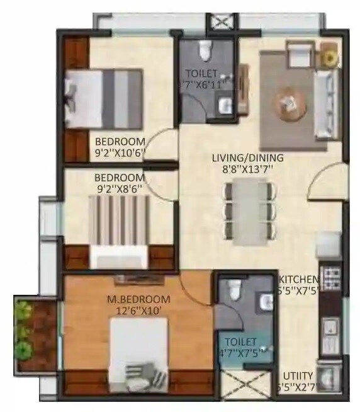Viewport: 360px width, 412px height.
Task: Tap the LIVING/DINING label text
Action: pos(247,157)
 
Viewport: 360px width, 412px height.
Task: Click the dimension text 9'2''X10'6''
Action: pos(120,152)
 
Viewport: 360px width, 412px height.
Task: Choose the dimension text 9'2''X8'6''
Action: pos(120,188)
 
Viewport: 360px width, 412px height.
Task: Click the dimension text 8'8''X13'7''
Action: pos(247,169)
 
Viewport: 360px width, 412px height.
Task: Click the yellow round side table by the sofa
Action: pos(328,57)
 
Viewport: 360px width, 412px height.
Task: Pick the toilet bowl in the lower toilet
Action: pos(232,290)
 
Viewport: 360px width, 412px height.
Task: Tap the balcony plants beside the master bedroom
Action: pos(25,331)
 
